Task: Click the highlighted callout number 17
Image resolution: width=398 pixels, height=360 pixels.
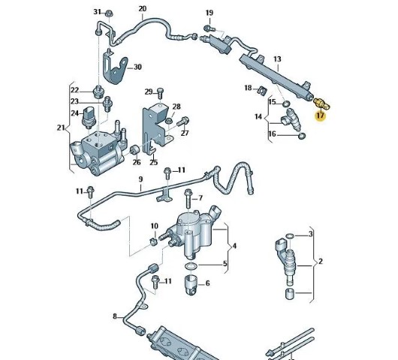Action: point(321,115)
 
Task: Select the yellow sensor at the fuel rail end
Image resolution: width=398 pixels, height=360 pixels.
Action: point(321,103)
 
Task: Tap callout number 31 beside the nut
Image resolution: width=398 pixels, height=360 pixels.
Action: point(98,12)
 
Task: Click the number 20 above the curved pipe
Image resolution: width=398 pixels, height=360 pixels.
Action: point(143,9)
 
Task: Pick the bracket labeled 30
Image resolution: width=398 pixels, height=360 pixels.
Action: point(114,69)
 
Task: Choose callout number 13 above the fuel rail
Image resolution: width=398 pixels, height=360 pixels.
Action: point(277,59)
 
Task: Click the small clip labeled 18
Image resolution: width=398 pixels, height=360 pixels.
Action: point(261,90)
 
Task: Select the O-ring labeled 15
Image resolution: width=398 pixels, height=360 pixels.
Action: point(286,103)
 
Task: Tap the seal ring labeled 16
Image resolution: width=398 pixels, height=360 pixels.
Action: point(302,136)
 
